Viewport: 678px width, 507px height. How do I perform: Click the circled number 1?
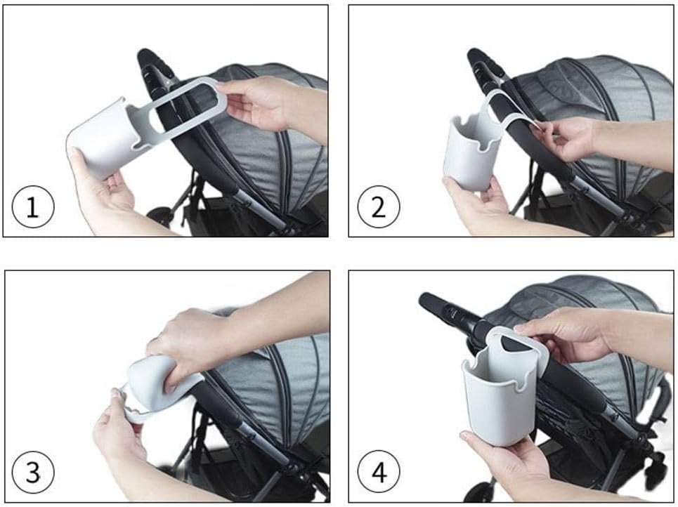33,206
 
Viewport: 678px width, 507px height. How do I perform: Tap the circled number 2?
379,206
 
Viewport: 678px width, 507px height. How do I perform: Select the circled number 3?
33,471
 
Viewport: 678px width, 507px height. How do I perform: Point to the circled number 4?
379,471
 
